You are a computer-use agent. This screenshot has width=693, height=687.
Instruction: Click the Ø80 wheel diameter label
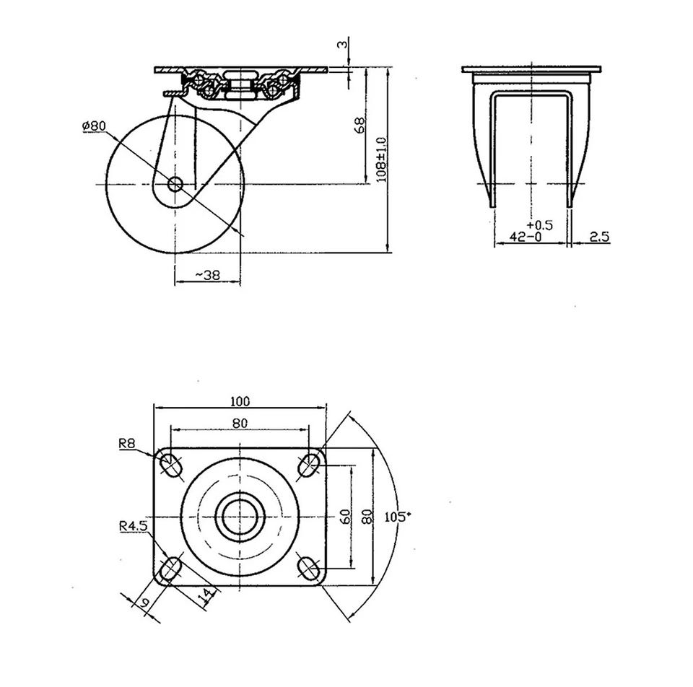pyautogui.click(x=94, y=126)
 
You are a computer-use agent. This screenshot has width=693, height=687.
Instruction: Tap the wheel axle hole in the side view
pyautogui.click(x=175, y=183)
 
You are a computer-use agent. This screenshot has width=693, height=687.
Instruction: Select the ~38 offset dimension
pyautogui.click(x=208, y=275)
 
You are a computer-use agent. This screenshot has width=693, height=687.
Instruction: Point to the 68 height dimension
pyautogui.click(x=360, y=126)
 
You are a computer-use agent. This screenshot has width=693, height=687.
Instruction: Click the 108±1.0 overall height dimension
pyautogui.click(x=381, y=159)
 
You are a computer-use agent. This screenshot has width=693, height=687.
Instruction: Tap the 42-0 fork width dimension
pyautogui.click(x=526, y=237)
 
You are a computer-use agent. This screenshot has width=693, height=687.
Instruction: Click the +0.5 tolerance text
pyautogui.click(x=540, y=225)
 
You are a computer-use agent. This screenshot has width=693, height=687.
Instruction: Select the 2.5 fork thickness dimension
pyautogui.click(x=599, y=237)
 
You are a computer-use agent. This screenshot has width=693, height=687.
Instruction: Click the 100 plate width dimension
pyautogui.click(x=240, y=401)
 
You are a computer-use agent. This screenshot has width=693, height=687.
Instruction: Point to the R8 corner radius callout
pyautogui.click(x=127, y=443)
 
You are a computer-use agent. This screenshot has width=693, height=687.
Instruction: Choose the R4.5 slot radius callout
pyautogui.click(x=133, y=526)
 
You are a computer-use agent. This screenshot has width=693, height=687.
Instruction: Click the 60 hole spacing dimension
pyautogui.click(x=346, y=516)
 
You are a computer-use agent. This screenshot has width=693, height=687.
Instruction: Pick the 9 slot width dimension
pyautogui.click(x=144, y=603)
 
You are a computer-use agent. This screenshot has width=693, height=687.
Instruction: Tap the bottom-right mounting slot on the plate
pyautogui.click(x=308, y=569)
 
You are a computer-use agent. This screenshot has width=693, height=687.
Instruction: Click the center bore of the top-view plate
pyautogui.click(x=240, y=517)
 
